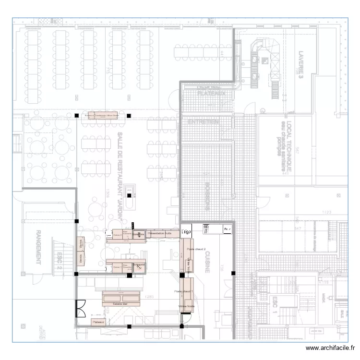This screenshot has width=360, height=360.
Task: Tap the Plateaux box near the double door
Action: (x=98, y=322)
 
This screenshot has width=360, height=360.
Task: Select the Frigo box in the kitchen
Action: (x=187, y=231)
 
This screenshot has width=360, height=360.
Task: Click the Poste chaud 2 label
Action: (x=196, y=250)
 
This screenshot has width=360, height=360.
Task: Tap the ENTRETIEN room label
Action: (x=203, y=122)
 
